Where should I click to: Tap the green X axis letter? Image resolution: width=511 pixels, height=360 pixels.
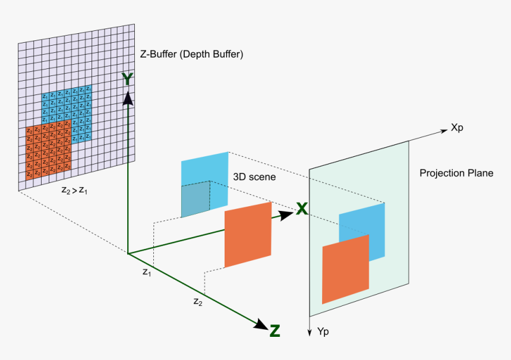[302, 209]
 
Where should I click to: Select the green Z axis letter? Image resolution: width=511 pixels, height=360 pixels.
[275, 331]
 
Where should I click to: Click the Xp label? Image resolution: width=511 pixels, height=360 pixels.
[458, 127]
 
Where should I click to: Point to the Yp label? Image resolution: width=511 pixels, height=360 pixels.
[323, 330]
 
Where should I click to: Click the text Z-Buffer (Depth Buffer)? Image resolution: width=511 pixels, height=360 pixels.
[191, 54]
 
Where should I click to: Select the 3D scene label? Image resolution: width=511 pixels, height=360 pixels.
[254, 176]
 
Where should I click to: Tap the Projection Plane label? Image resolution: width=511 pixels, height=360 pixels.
[456, 173]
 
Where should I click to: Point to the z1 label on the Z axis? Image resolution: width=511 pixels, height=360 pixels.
[146, 272]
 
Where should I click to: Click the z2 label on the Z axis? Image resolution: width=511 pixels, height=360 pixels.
[198, 301]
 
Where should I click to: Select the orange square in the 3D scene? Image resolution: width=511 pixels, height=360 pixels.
[248, 235]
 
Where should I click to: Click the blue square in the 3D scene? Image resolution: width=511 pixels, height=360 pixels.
[204, 178]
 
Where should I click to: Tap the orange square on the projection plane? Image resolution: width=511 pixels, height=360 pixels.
[345, 269]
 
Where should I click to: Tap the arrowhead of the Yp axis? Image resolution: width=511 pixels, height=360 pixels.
[309, 332]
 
